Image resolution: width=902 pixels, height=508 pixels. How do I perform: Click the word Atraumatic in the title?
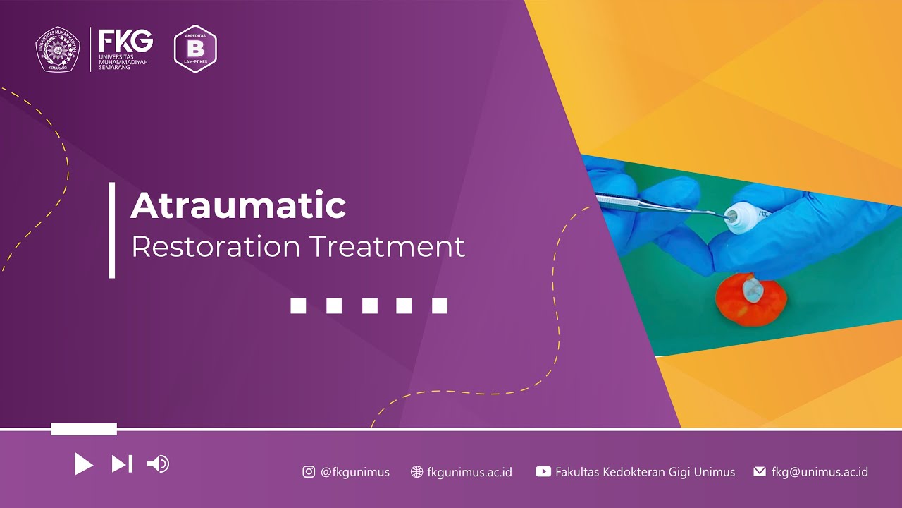pos(238,206)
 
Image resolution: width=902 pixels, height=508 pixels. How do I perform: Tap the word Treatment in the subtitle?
pos(387,247)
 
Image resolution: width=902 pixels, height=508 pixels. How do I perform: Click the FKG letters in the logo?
pos(125,41)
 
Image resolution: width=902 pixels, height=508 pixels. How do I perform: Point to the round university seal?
pos(58,49)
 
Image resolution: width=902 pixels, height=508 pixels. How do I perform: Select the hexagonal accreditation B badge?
pos(195,49)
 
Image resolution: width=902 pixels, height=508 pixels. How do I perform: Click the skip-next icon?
pos(122,464)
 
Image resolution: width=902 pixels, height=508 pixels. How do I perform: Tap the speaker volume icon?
pos(158,464)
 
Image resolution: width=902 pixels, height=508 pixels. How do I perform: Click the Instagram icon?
pos(309,472)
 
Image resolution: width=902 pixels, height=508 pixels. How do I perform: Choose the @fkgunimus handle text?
pos(355,472)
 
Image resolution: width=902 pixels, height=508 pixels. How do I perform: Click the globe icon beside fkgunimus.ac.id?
pos(416,472)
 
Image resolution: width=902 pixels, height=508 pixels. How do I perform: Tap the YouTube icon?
pos(543,472)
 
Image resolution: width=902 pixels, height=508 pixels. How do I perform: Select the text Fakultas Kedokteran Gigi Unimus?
pos(645,472)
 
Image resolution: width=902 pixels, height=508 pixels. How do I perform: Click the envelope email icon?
pos(760,472)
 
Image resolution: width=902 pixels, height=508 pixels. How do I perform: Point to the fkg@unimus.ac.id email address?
pos(820,472)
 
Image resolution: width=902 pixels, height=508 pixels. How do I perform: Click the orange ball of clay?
pos(750,299)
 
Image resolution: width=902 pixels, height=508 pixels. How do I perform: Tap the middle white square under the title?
pos(369,306)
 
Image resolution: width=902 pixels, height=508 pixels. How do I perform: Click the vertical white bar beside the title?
pos(112,230)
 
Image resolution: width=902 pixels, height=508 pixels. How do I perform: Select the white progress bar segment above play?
pos(83,429)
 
